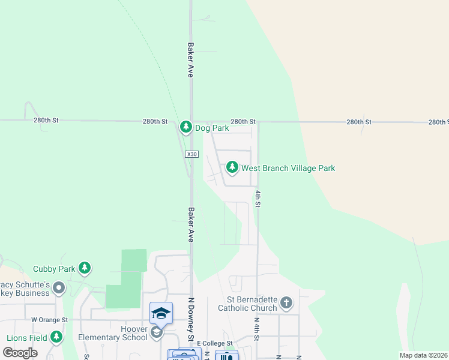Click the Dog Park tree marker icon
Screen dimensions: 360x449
(x=186, y=127)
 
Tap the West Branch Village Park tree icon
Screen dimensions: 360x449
(x=232, y=168)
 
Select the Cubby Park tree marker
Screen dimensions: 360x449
(x=85, y=268)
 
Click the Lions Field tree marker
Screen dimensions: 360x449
(x=56, y=337)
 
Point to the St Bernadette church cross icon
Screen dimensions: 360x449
(x=286, y=303)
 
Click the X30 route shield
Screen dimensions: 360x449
(x=191, y=154)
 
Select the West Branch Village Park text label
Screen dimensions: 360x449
(x=288, y=168)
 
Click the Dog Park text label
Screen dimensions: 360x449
(x=211, y=128)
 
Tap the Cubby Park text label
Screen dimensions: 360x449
(x=54, y=269)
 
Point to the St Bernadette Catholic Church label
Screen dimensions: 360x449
(x=252, y=304)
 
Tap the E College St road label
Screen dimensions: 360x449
(x=214, y=343)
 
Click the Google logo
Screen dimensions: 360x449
(x=20, y=353)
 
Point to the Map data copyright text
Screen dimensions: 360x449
(x=423, y=355)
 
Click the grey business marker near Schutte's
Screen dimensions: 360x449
(x=59, y=289)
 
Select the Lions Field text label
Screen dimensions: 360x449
(x=26, y=338)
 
